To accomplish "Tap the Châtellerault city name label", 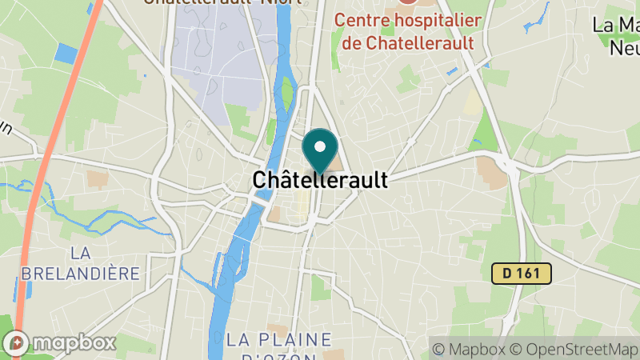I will click(x=320, y=180).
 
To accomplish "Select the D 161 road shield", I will click(x=521, y=274).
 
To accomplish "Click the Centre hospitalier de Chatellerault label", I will click(x=408, y=30).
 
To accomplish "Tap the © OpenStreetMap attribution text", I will click(x=574, y=349).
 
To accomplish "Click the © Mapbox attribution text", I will click(x=469, y=349).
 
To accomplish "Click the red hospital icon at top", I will click(x=407, y=3).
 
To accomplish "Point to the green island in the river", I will click(x=286, y=94).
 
